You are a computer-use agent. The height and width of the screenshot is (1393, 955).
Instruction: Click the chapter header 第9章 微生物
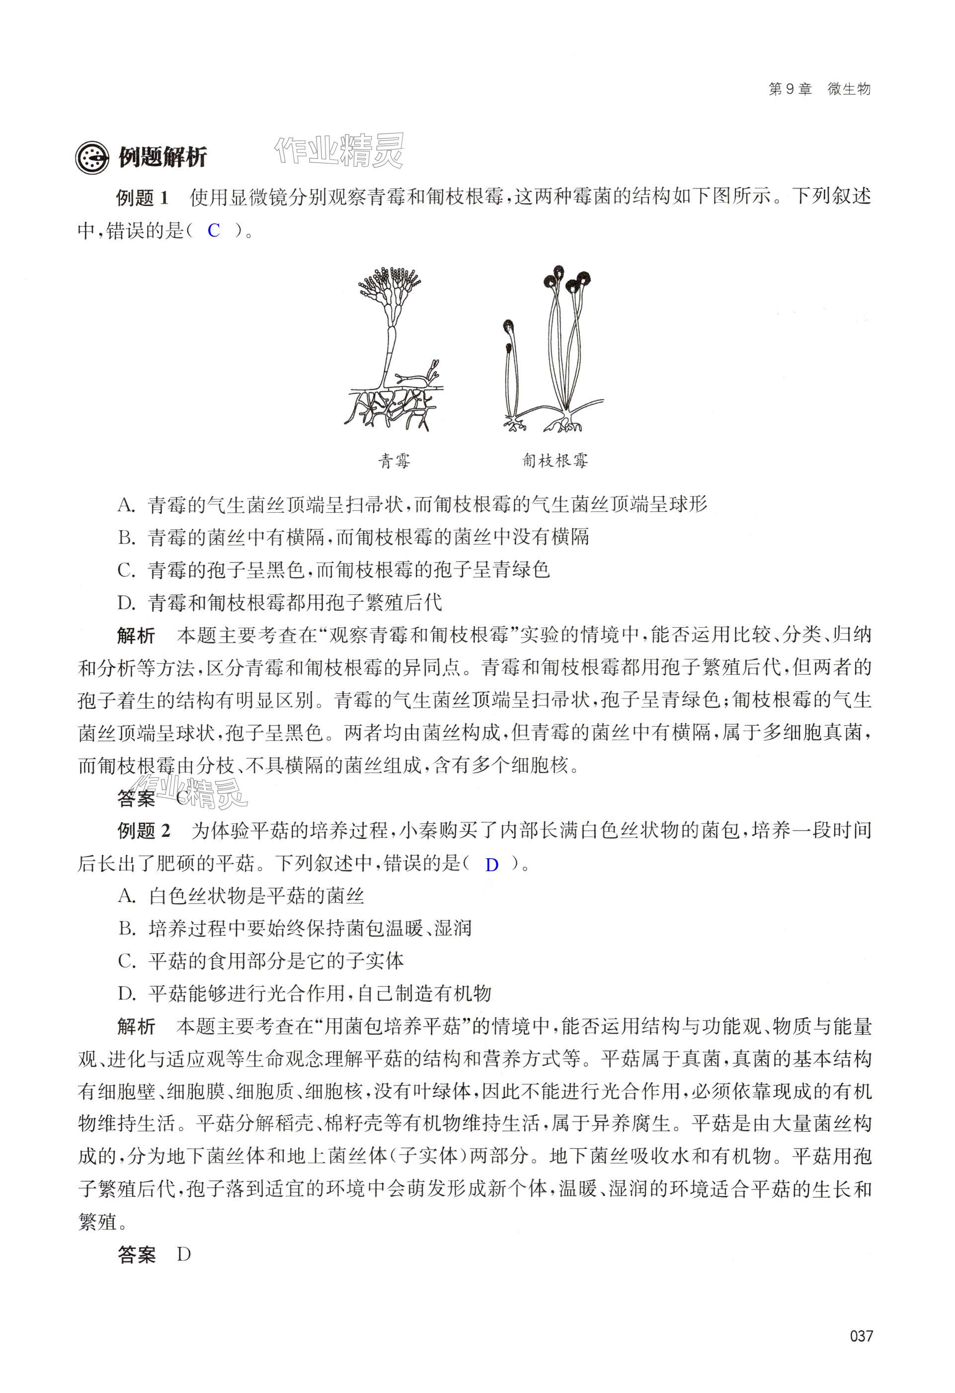(819, 89)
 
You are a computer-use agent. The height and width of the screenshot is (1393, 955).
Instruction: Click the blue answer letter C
(214, 231)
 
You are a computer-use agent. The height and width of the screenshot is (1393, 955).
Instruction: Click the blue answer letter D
(491, 865)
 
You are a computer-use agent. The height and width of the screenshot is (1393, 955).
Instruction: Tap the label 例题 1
(143, 198)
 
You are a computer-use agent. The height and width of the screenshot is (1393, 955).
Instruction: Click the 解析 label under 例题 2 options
(137, 1027)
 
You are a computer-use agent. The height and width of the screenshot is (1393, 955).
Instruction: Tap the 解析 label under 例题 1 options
(137, 635)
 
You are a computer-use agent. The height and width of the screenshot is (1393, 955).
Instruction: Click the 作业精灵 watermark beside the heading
(339, 150)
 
